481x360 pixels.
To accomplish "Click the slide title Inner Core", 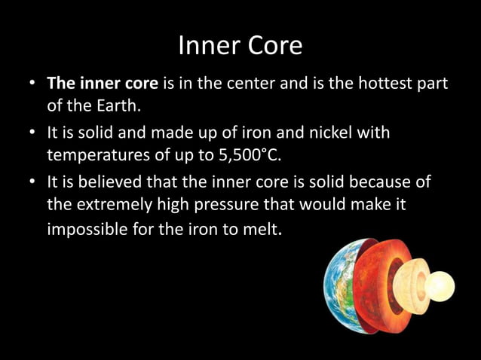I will tap(240, 46).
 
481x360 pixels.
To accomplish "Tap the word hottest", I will tap(380, 84).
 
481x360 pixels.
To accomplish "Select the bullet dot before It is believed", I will tap(32, 184).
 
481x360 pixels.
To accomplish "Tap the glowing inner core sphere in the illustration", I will tap(442, 286).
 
